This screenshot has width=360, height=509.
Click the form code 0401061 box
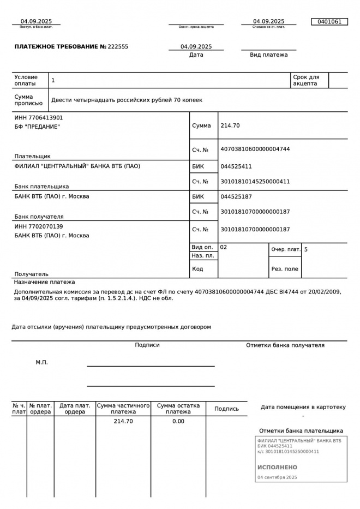[329, 22]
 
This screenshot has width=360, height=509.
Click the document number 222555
[118, 47]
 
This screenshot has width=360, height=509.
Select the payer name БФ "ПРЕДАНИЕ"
[37, 127]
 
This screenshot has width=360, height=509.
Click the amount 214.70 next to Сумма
[230, 125]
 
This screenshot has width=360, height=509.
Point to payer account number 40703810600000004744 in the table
[255, 149]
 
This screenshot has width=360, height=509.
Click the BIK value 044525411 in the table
[236, 166]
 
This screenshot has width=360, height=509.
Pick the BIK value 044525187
[236, 196]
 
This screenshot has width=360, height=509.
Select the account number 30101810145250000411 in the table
[255, 182]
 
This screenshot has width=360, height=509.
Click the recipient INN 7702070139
[39, 226]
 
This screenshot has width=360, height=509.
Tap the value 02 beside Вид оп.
[224, 247]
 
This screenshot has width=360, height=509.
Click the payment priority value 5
[306, 249]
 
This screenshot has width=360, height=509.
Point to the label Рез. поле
[285, 269]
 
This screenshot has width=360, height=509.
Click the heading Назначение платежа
[45, 283]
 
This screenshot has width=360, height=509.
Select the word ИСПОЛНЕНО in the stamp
[277, 468]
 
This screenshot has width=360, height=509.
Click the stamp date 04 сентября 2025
[277, 477]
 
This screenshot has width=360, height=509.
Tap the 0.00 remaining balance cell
[178, 421]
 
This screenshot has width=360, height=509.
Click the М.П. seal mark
[42, 362]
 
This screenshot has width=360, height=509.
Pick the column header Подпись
[226, 409]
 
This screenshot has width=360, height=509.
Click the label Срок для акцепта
[306, 81]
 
